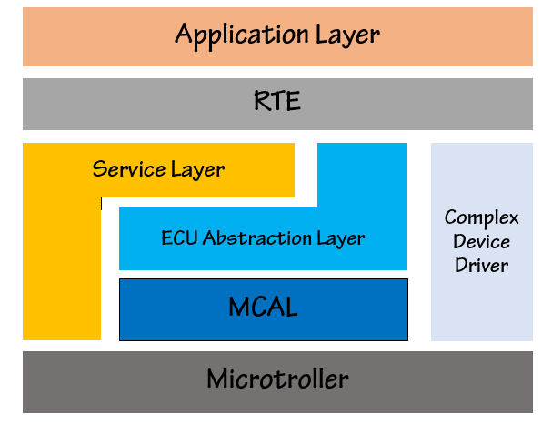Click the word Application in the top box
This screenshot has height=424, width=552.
(242, 35)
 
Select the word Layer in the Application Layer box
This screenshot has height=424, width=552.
(347, 36)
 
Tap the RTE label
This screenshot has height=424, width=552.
(277, 101)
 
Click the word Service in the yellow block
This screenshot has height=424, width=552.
(129, 168)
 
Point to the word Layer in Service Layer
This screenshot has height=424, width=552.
(198, 170)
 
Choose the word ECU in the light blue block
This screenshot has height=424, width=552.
(179, 237)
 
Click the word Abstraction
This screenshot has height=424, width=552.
(257, 237)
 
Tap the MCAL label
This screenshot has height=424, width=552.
(264, 307)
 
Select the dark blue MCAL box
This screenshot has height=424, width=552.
(264, 310)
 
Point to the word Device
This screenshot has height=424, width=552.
(482, 242)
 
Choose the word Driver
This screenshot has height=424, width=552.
(482, 265)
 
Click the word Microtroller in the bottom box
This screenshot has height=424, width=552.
(277, 379)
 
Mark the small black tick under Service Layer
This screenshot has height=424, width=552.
(101, 204)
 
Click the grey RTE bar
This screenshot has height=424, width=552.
(277, 104)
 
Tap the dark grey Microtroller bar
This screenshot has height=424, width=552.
(277, 382)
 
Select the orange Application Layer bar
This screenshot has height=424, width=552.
(277, 36)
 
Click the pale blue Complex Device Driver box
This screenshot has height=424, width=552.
(482, 242)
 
